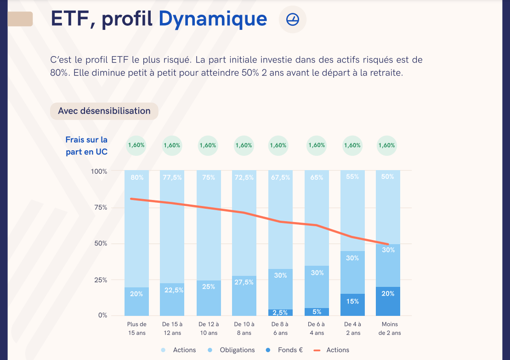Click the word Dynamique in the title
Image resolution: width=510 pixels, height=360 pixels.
tap(213, 19)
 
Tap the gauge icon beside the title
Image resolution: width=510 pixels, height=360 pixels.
tap(292, 19)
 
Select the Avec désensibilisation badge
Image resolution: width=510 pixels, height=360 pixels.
tap(104, 111)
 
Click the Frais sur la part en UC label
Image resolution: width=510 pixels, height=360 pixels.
tap(86, 145)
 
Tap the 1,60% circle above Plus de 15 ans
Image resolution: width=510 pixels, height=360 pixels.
tap(136, 145)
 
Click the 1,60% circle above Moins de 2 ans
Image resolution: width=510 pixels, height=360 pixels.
tap(386, 145)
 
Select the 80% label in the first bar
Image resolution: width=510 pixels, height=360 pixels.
tap(136, 177)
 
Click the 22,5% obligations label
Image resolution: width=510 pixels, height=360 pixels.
tap(172, 290)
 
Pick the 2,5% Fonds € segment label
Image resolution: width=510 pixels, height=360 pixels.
tap(280, 313)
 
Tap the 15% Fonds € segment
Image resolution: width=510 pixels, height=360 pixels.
tap(352, 302)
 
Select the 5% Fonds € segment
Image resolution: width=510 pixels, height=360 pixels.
tap(317, 311)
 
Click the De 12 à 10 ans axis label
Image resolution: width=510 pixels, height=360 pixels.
tap(209, 328)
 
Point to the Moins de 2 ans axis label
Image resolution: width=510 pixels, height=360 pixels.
tap(389, 328)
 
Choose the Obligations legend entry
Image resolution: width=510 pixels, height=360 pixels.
tap(232, 350)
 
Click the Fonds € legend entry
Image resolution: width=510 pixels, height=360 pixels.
tap(285, 350)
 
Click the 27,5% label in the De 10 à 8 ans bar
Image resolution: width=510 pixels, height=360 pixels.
tap(244, 282)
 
